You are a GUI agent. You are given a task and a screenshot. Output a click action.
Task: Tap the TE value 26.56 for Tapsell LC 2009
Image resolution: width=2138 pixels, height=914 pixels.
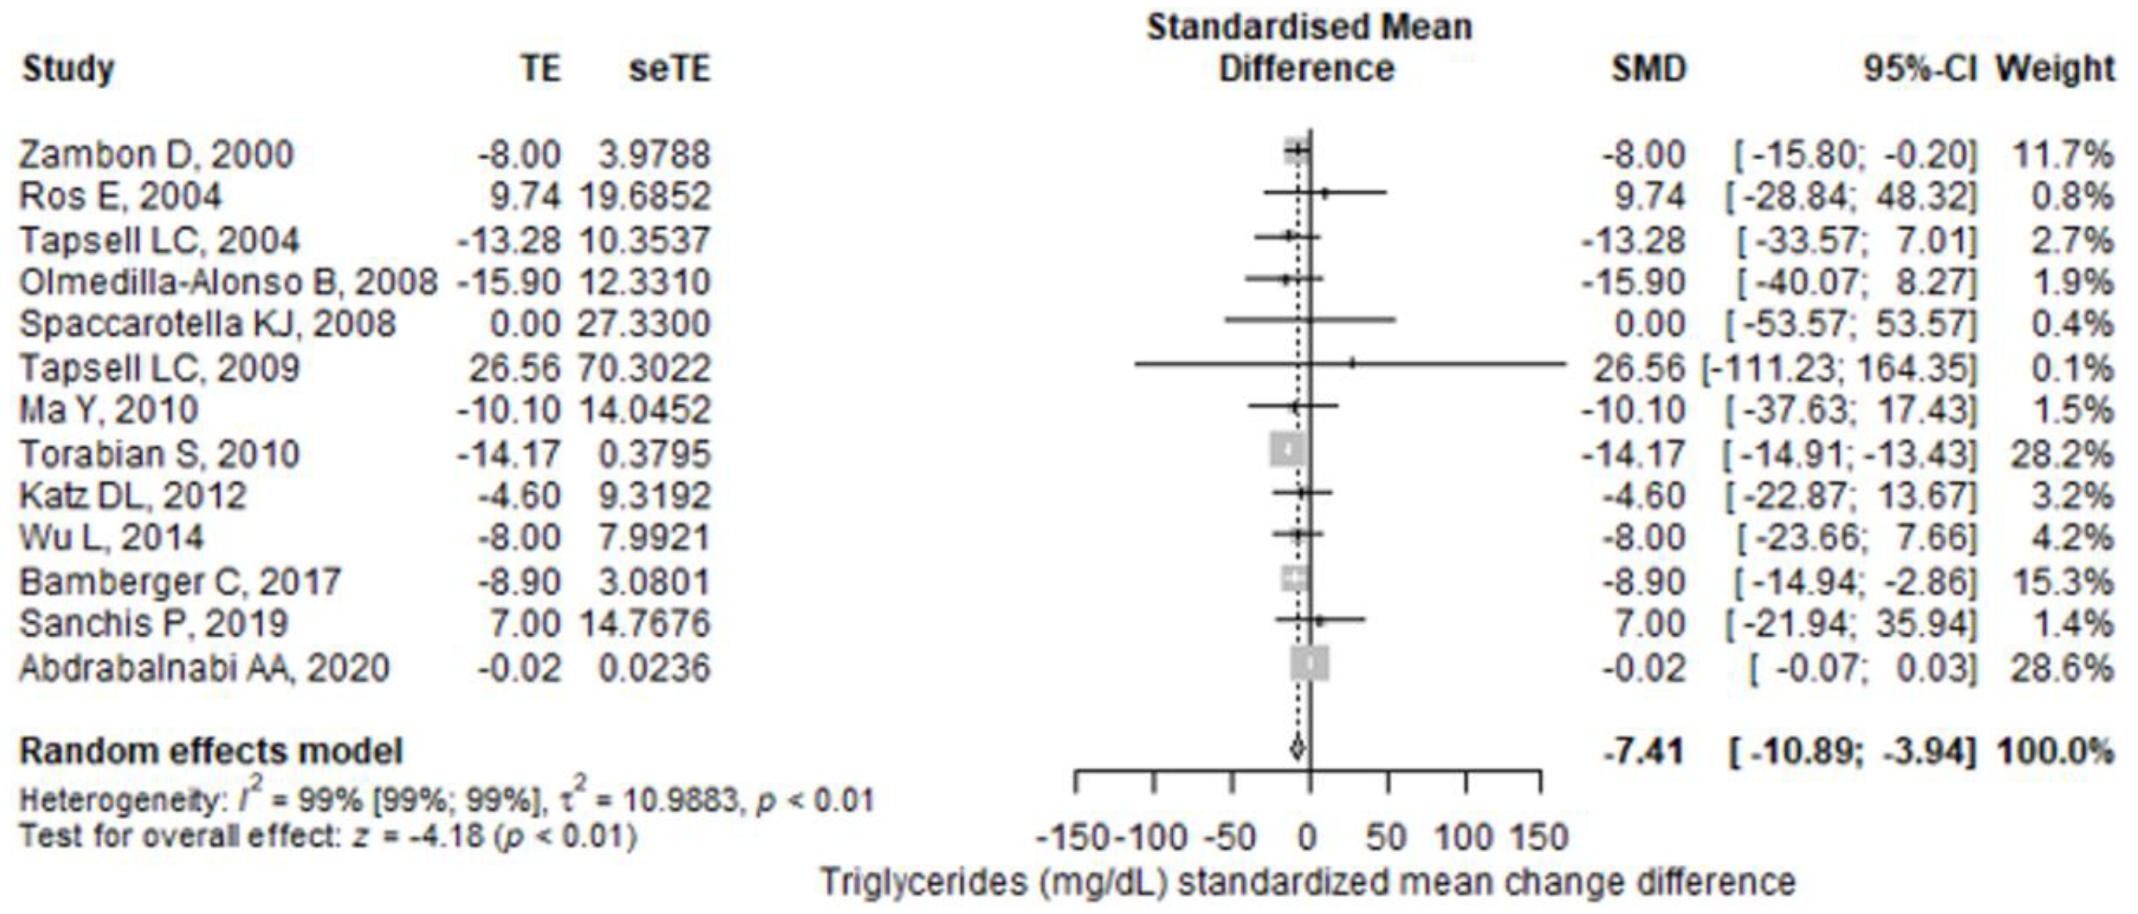point(515,368)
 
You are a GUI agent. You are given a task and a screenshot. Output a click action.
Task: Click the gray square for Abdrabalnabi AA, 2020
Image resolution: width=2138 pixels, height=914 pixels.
point(1309,663)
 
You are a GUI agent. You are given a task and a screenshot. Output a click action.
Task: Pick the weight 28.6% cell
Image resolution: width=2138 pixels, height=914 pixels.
point(2062,668)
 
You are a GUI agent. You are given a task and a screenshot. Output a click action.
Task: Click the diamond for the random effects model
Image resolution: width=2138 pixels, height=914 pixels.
point(1297,750)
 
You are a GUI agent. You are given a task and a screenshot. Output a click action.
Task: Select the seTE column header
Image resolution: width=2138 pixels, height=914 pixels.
point(669,69)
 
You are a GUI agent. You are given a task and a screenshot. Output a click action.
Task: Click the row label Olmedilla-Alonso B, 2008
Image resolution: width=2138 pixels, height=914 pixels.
point(228,282)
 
